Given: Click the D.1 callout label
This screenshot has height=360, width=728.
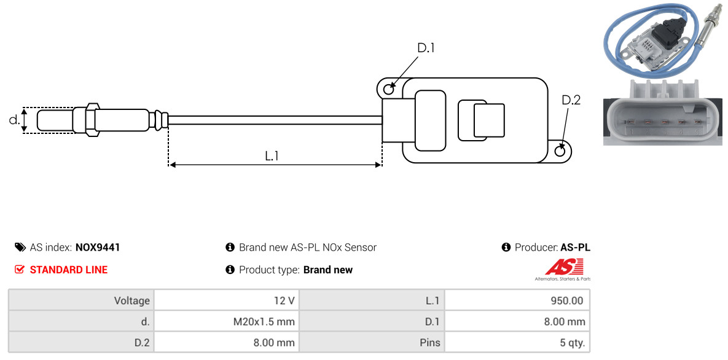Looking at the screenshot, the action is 426,48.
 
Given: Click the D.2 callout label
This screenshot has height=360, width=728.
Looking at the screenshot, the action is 571,100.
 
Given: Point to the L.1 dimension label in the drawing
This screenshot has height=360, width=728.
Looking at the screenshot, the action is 272,156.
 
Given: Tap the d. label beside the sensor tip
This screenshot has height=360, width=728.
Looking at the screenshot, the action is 14,120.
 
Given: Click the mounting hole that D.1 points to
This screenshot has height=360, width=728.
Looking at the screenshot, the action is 389,87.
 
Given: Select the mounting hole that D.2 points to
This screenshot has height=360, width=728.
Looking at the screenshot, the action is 560,151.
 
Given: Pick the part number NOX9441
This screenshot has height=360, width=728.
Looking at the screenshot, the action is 98,248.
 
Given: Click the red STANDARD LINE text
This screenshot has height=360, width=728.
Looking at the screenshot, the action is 69,270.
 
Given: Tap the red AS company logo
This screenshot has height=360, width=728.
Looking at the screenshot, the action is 563,268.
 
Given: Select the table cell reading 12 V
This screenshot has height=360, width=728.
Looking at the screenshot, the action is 227,300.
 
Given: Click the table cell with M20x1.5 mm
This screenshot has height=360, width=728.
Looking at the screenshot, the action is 227,321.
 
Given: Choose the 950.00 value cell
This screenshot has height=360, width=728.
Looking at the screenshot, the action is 517,300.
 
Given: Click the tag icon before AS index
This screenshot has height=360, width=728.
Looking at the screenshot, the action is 20,247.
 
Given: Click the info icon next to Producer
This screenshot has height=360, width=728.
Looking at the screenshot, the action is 506,247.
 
